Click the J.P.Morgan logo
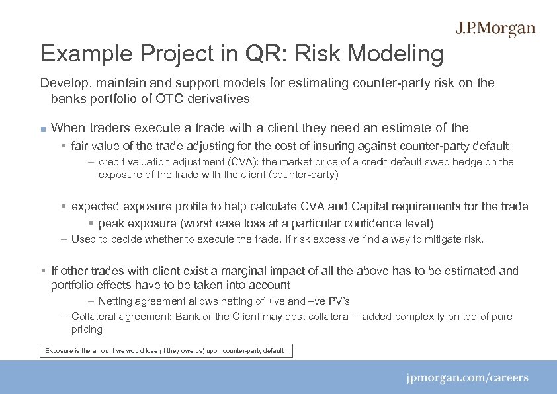coord(495,29)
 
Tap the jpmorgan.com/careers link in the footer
coord(467,379)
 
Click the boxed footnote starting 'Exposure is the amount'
coord(165,350)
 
